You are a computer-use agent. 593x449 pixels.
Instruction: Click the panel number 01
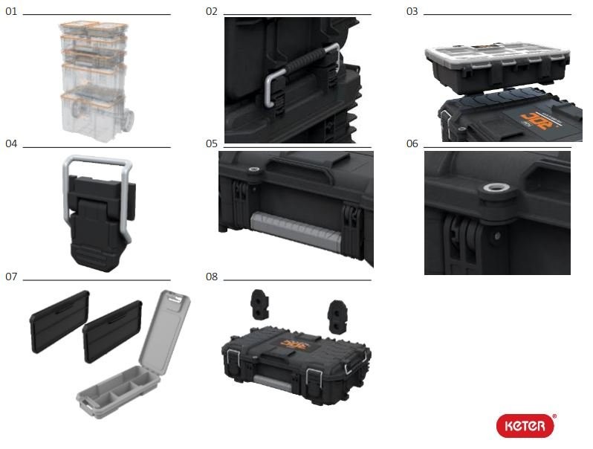pos(11,12)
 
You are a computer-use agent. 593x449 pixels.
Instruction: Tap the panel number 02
pos(212,12)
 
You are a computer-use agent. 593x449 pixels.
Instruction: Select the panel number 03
pos(412,12)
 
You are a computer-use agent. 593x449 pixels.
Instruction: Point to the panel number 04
pos(11,144)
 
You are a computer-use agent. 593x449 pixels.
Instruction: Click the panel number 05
pos(212,144)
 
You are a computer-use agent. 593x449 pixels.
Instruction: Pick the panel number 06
pos(412,144)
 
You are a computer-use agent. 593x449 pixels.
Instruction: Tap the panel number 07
pos(11,277)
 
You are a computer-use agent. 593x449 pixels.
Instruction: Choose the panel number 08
pos(212,277)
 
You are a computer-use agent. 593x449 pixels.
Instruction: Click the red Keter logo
pos(525,426)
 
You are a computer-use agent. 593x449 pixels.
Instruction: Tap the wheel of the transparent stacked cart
pos(128,120)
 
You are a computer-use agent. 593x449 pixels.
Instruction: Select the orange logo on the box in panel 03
pos(534,120)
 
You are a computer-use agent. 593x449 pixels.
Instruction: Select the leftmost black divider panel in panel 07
pos(59,322)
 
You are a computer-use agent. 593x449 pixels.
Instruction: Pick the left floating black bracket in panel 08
pos(259,305)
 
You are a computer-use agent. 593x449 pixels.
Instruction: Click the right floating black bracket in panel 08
pos(337,317)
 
